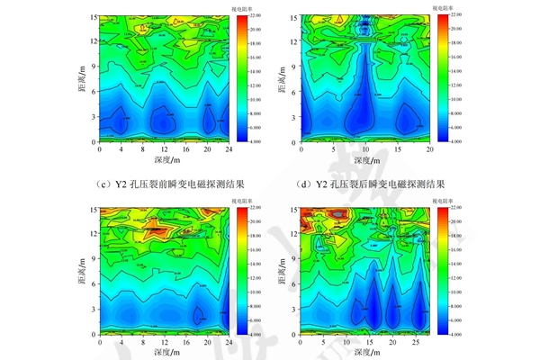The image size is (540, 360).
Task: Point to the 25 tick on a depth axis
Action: (x=416, y=343)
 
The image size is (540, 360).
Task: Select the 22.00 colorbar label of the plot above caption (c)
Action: (x=257, y=15)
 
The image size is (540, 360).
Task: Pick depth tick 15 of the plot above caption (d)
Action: (x=397, y=149)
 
